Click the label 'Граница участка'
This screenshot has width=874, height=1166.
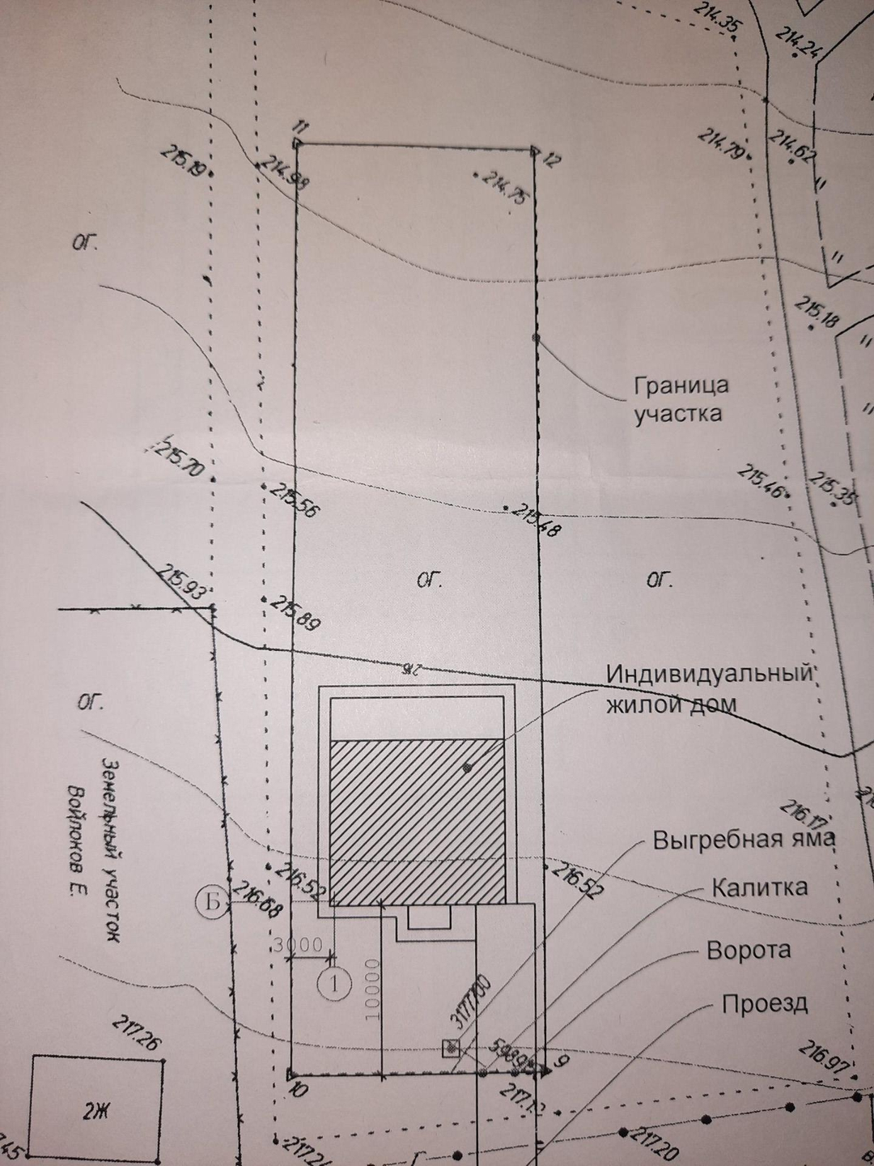coord(681,399)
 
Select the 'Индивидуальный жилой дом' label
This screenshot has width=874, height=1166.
coord(709,688)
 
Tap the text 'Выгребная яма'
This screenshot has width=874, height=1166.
coord(744,839)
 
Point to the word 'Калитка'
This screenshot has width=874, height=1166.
coord(759,887)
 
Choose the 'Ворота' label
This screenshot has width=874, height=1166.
coord(749,949)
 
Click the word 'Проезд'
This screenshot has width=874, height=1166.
coord(764,1004)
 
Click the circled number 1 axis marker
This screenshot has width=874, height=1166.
coord(333,984)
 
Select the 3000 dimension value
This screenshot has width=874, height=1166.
coord(298,945)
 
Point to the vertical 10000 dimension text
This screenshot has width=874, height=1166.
coord(372,990)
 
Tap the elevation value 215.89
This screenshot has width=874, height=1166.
coord(295,613)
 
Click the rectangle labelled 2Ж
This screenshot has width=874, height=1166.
coord(96,1110)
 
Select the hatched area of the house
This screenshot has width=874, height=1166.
coord(418,818)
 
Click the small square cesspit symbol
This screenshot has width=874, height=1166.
coord(450,1049)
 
